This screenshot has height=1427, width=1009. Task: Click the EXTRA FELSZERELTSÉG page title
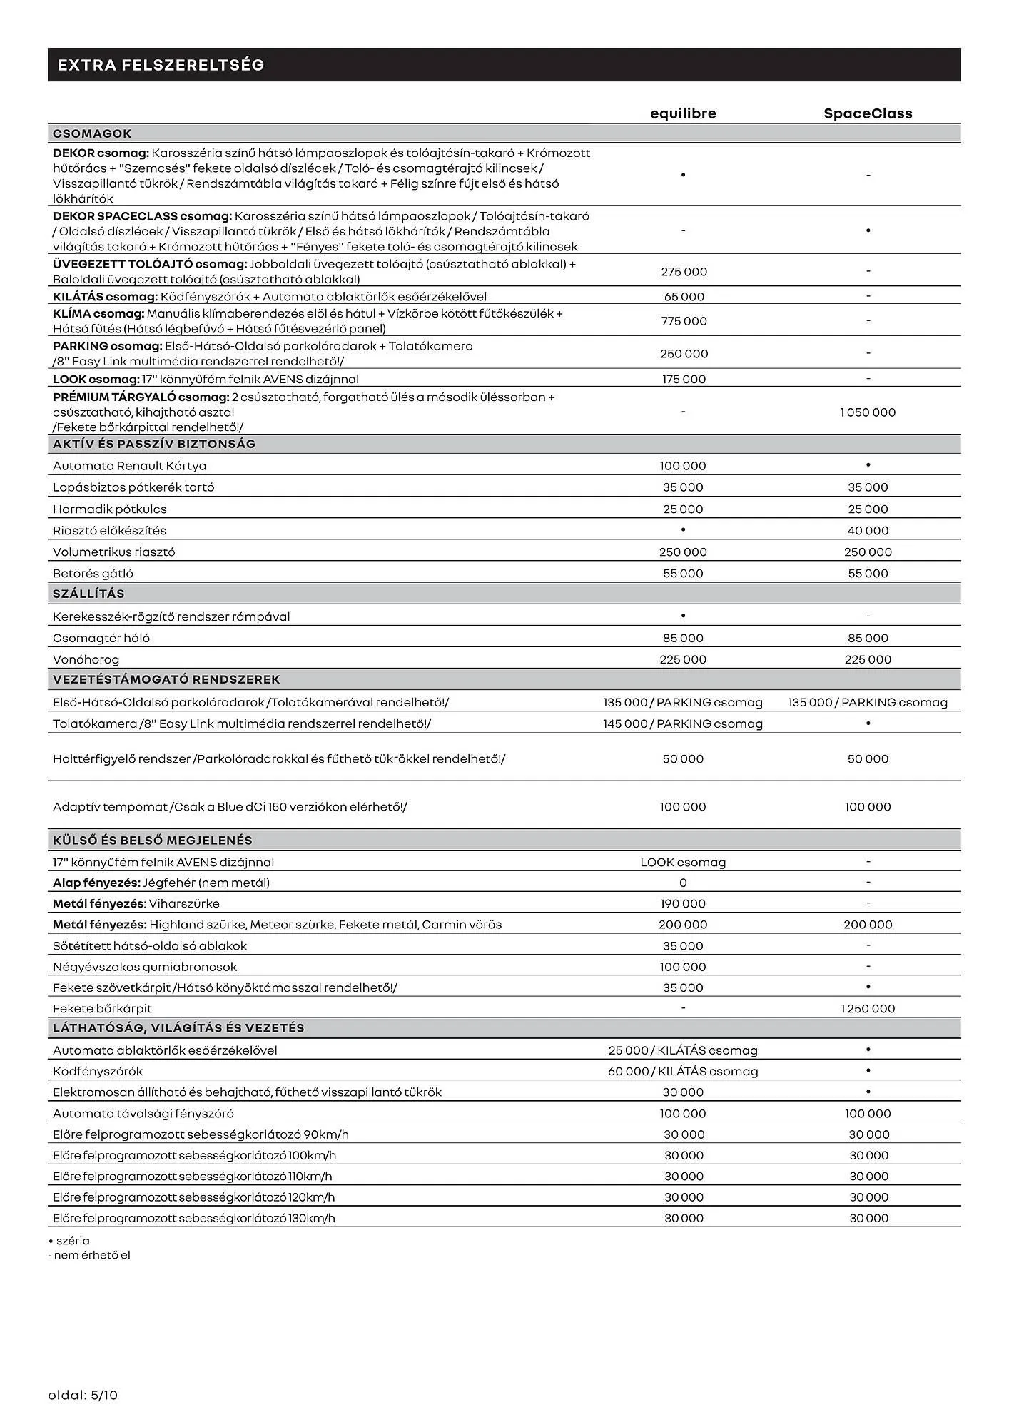pyautogui.click(x=161, y=65)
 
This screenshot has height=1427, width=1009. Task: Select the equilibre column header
pyautogui.click(x=683, y=113)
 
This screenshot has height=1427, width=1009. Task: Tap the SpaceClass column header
pyautogui.click(x=868, y=113)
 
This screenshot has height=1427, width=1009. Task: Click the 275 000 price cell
pyautogui.click(x=684, y=272)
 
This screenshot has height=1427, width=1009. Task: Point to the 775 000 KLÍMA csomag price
pyautogui.click(x=684, y=321)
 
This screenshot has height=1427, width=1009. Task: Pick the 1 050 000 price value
pyautogui.click(x=868, y=412)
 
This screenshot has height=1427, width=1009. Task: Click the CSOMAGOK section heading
pyautogui.click(x=92, y=133)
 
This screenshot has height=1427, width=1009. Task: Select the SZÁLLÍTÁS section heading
pyautogui.click(x=88, y=594)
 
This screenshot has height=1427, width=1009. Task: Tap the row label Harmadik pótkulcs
pyautogui.click(x=109, y=509)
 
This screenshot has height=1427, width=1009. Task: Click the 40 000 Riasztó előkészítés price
pyautogui.click(x=868, y=530)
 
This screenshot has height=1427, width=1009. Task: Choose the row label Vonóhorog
pyautogui.click(x=86, y=659)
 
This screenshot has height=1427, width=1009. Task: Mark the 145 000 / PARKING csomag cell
pyautogui.click(x=683, y=723)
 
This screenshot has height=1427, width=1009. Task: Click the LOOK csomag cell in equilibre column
pyautogui.click(x=683, y=862)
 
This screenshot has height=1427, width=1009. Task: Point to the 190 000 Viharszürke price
pyautogui.click(x=683, y=903)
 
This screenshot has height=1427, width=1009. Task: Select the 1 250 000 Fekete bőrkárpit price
pyautogui.click(x=868, y=1008)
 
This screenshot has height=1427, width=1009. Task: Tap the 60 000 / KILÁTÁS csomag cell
pyautogui.click(x=683, y=1071)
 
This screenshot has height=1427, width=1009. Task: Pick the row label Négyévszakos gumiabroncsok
pyautogui.click(x=145, y=967)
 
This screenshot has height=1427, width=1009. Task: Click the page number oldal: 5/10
pyautogui.click(x=83, y=1395)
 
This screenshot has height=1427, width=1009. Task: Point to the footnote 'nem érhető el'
pyautogui.click(x=91, y=1255)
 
